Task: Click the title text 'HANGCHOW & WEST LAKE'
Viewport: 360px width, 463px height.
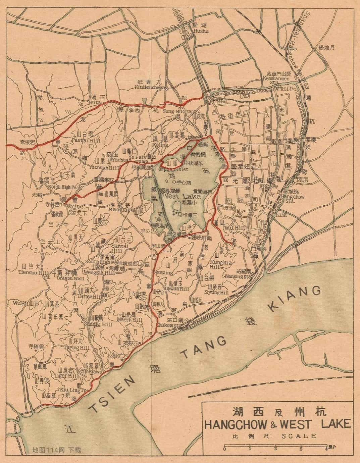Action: tap(277, 424)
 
